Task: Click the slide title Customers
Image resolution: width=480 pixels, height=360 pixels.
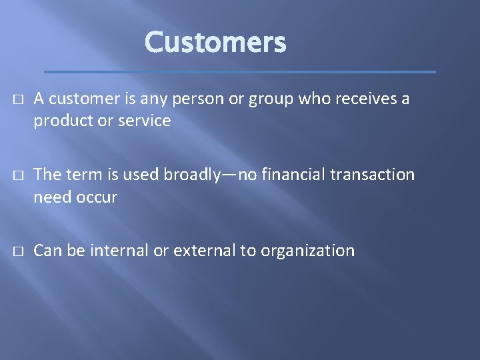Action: [x=215, y=43]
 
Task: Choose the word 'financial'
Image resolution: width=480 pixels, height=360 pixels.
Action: [x=293, y=175]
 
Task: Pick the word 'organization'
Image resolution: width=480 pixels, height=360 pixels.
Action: [x=307, y=251]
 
